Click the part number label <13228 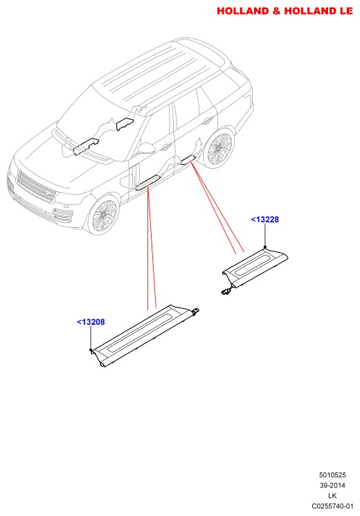click(x=265, y=219)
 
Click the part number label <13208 click(x=91, y=322)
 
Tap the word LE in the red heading click(x=346, y=11)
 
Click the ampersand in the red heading click(x=276, y=11)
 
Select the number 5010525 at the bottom click(x=332, y=475)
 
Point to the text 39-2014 click(x=332, y=485)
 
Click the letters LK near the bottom click(x=332, y=496)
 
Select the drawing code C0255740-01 click(x=332, y=506)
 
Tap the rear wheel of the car click(x=219, y=148)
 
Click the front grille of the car click(x=35, y=186)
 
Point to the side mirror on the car click(x=147, y=148)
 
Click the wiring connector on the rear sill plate click(x=226, y=291)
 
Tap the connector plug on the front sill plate click(x=196, y=310)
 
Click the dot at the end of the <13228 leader click(x=265, y=247)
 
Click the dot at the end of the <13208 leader click(x=91, y=350)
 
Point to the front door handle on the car click(x=167, y=147)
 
